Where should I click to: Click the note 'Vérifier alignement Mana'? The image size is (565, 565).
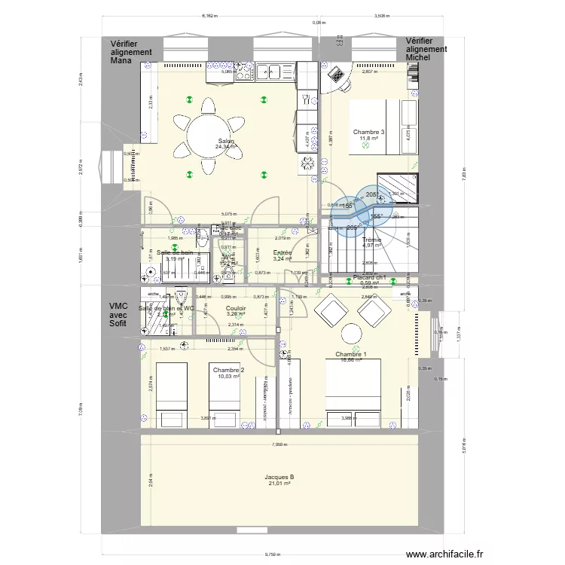(x=131, y=52)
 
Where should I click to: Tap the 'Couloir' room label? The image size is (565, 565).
(x=237, y=308)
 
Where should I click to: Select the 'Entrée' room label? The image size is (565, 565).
(x=282, y=254)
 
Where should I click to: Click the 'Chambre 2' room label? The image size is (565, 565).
(x=228, y=370)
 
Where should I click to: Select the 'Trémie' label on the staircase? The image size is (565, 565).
(x=371, y=240)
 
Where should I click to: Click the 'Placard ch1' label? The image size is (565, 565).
(x=369, y=277)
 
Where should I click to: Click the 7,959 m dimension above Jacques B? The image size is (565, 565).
(x=279, y=444)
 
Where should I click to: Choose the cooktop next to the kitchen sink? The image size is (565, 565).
(x=243, y=72)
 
